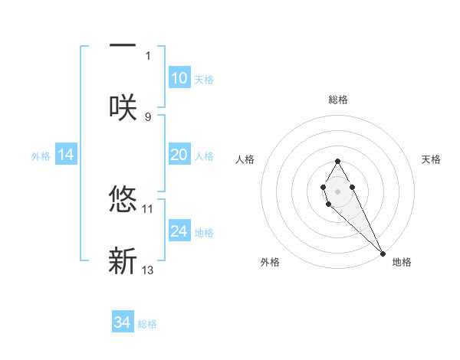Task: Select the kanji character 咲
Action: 123,106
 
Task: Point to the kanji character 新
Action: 123,260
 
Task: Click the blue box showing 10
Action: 179,78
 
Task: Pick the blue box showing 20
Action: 179,155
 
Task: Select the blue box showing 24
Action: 179,231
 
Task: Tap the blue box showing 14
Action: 66,155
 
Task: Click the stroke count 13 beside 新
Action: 148,270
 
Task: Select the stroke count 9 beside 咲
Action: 148,116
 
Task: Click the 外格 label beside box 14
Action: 41,156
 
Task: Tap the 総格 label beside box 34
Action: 147,324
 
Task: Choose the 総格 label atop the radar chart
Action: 338,100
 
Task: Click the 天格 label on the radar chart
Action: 431,159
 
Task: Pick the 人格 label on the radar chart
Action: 245,159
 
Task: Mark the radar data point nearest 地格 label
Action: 383,253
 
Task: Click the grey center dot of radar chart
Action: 337,191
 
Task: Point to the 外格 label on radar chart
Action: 270,262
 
